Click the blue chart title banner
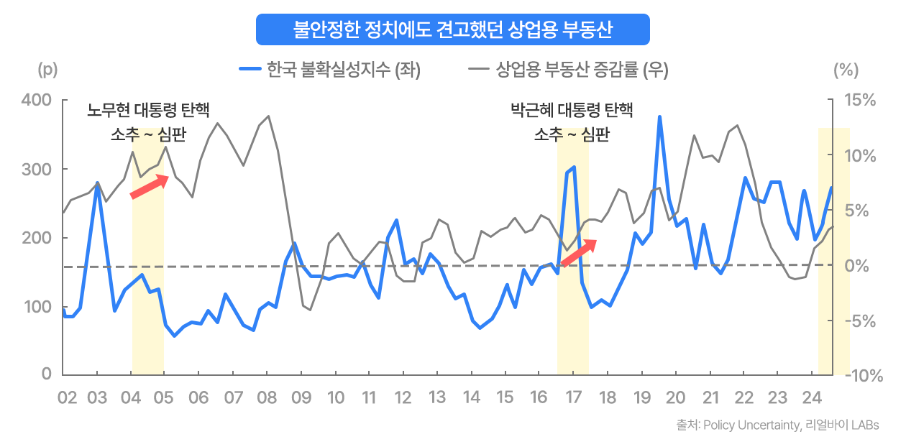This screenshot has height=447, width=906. coord(452,29)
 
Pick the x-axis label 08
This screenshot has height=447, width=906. coord(266,398)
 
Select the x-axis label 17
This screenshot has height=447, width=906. coord(573,398)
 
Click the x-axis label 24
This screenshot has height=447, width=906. coord(812,398)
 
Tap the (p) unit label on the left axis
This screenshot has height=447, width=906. coord(47,70)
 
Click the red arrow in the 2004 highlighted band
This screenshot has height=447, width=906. coord(149,185)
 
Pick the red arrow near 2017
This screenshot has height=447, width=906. coord(579,252)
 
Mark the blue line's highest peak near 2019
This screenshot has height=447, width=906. coord(659,117)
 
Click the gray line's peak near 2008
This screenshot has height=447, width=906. coord(268,116)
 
